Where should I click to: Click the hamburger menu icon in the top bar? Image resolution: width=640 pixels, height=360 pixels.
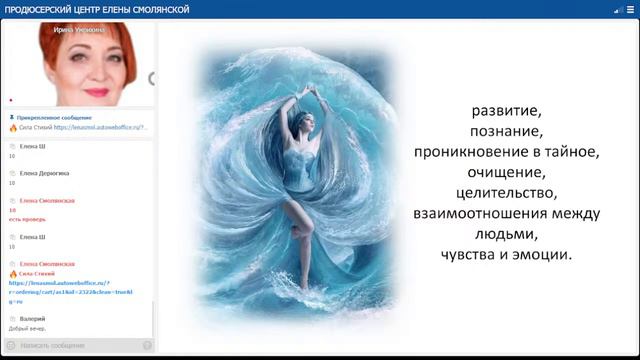point(630,9)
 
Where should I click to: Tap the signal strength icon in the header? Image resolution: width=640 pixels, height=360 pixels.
point(617,9)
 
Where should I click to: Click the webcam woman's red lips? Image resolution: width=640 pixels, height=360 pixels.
point(96,91)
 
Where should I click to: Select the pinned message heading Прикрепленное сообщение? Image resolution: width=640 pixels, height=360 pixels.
point(57,118)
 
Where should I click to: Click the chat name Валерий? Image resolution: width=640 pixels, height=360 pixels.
point(32,319)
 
